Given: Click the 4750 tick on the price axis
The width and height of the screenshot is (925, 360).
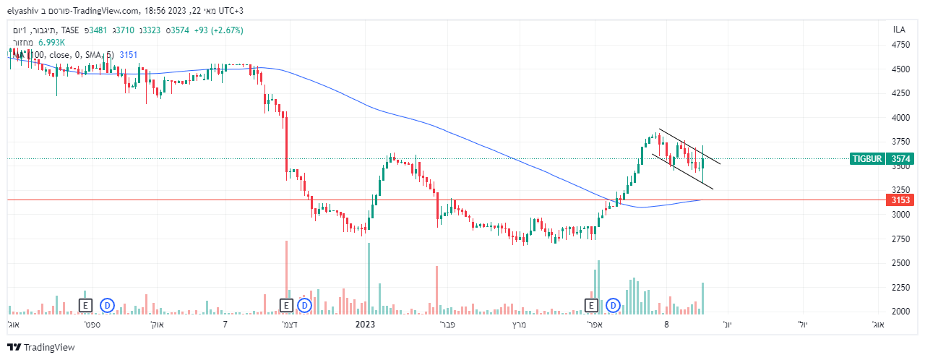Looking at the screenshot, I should point(900,45).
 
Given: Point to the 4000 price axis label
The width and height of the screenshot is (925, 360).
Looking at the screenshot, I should point(900,117).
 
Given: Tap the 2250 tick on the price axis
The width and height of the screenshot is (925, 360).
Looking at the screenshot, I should point(900,288).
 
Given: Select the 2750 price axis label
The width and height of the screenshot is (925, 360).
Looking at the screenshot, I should point(900,239).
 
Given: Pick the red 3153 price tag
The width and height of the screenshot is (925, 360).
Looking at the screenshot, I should point(900,200).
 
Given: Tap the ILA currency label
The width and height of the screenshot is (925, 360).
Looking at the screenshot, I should point(899,30).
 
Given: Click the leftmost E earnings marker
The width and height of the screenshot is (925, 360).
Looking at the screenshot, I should point(86,306).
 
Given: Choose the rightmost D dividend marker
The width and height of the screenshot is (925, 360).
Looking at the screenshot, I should point(614,306).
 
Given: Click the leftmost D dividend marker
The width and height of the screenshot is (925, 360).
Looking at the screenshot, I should point(108,306).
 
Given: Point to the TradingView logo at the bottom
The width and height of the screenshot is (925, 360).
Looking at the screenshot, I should point(41,348).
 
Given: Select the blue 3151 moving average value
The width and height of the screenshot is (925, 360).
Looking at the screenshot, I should point(128,54).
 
